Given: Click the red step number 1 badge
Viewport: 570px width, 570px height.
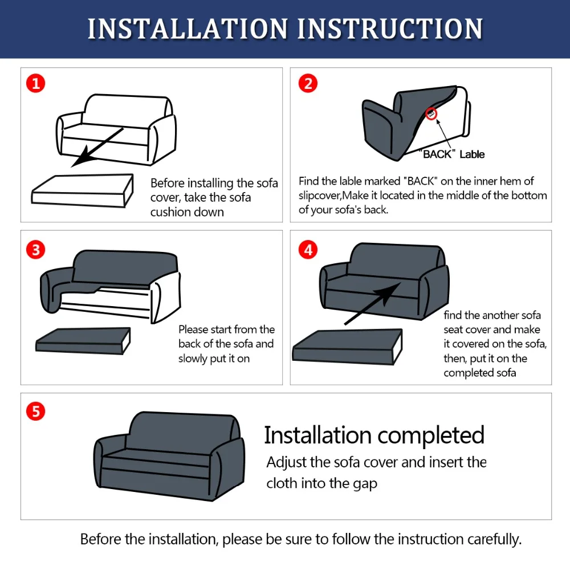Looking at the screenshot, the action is (x=35, y=83).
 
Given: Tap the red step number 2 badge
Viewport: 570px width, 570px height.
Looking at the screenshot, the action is (x=308, y=83).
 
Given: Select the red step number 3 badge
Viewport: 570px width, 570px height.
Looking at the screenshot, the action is (x=35, y=250).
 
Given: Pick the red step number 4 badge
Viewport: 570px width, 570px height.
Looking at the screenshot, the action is (x=308, y=250).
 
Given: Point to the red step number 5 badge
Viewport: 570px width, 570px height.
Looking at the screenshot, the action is (x=35, y=411).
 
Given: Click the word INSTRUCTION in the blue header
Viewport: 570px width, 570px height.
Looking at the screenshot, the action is (x=390, y=28).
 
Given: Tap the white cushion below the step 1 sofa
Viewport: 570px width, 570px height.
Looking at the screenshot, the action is (x=83, y=191).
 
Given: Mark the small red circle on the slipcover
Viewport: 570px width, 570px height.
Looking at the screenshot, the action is (x=431, y=114).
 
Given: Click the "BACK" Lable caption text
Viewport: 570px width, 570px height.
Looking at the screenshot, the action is (x=451, y=154).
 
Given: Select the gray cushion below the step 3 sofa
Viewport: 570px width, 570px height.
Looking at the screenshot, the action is (x=83, y=341).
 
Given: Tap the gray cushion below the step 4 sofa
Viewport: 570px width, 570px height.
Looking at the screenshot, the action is (x=348, y=347).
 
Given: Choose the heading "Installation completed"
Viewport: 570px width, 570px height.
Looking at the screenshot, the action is (x=374, y=435).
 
